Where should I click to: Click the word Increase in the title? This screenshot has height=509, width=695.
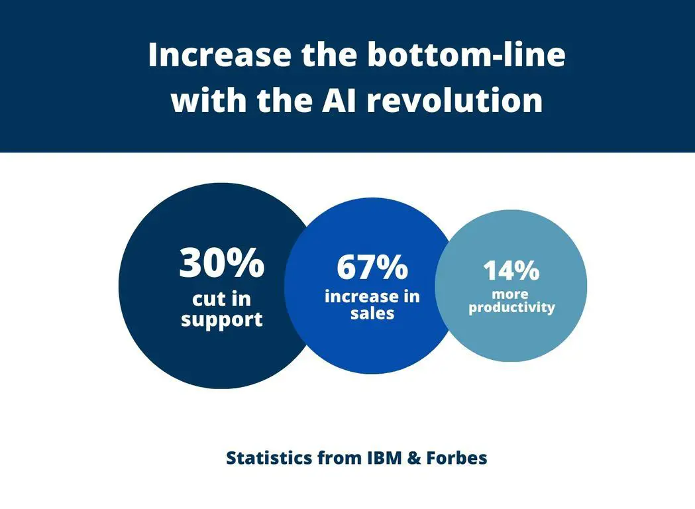220,54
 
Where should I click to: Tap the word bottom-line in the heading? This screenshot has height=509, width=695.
466,54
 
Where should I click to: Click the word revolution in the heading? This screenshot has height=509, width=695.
454,100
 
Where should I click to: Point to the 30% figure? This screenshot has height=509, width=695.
222,263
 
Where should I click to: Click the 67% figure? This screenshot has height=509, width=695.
372,267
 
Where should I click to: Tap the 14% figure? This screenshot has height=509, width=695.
511,270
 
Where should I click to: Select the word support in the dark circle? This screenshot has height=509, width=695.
222,320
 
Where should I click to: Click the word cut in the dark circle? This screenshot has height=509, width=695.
207,300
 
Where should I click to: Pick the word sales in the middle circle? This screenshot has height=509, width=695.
372,313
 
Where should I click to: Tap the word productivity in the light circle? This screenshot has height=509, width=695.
511,308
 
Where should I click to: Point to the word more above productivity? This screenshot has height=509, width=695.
510,294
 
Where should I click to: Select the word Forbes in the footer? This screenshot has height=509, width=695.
456,457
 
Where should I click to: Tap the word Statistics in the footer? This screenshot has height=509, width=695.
269,457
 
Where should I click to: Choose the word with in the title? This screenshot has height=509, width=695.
208,100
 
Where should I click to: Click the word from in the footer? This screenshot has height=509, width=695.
339,457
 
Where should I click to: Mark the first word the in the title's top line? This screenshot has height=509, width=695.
329,54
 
